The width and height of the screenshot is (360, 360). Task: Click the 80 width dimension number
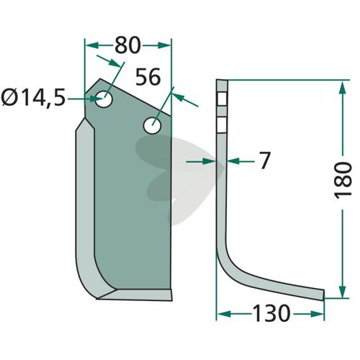coord(127,45)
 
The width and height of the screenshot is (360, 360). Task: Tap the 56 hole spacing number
coord(148,76)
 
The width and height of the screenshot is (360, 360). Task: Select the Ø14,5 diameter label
coord(33,99)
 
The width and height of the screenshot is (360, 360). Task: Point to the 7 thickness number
coord(264,161)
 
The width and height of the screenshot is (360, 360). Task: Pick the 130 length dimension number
coord(271,313)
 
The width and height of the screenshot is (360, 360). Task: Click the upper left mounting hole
coord(104,99)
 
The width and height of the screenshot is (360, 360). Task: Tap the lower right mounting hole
coord(152,125)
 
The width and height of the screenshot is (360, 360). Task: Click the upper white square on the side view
coord(222,99)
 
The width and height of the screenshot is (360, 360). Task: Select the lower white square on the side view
coord(222,125)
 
